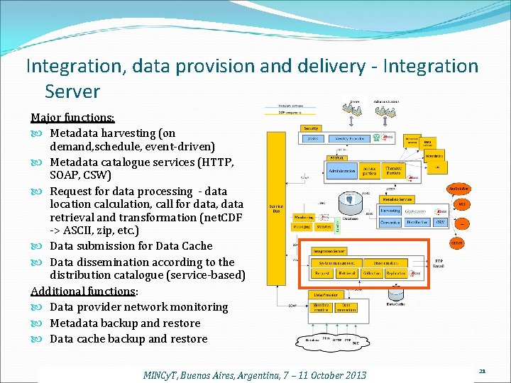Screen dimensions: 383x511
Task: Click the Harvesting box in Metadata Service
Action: [x=390, y=211]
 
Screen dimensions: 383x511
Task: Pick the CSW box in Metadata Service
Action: [x=439, y=222]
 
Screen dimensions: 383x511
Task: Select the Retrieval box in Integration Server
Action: [x=346, y=272]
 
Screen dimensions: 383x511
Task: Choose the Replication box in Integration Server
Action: [x=396, y=272]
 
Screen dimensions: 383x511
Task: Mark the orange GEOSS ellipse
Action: [x=458, y=243]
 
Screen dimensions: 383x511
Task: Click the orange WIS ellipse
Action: [x=462, y=204]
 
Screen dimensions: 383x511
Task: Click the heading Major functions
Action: [x=72, y=117]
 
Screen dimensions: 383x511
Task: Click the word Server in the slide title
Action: [x=72, y=91]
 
